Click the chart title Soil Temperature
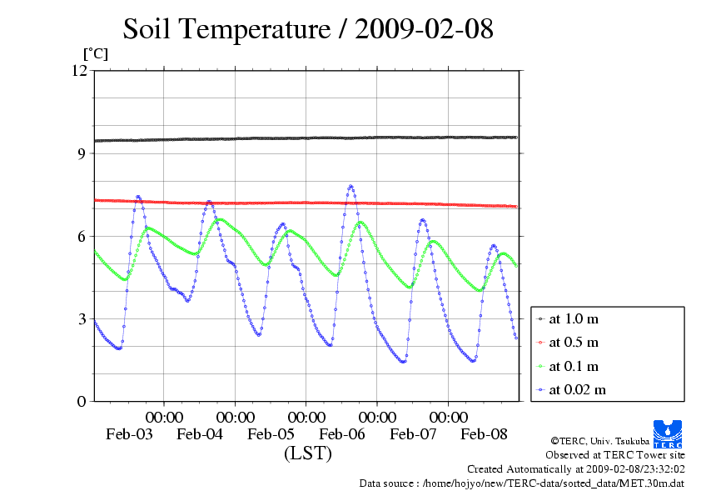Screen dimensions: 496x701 [x=308, y=30]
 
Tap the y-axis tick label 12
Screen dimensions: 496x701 [x=79, y=70]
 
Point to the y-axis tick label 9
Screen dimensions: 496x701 [x=82, y=153]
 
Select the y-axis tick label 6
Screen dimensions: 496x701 [x=82, y=236]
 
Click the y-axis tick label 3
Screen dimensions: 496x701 [x=82, y=318]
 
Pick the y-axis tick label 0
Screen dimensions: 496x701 [x=82, y=401]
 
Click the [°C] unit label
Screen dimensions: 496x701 [x=95, y=53]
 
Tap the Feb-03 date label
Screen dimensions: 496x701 [x=129, y=434]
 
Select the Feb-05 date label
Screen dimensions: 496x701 [x=271, y=434]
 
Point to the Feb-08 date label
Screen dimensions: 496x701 [x=485, y=434]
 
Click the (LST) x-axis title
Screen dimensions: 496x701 [x=308, y=454]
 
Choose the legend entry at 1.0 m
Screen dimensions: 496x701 [x=574, y=318]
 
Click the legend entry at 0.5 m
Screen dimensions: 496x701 [x=574, y=343]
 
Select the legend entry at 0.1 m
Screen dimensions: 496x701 [x=574, y=366]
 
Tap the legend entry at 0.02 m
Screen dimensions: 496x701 [x=577, y=389]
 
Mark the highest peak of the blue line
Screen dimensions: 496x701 [x=350, y=186]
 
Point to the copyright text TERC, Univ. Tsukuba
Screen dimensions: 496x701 [x=618, y=440]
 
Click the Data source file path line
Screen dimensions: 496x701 [x=522, y=483]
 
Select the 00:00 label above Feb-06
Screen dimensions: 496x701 [x=377, y=417]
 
